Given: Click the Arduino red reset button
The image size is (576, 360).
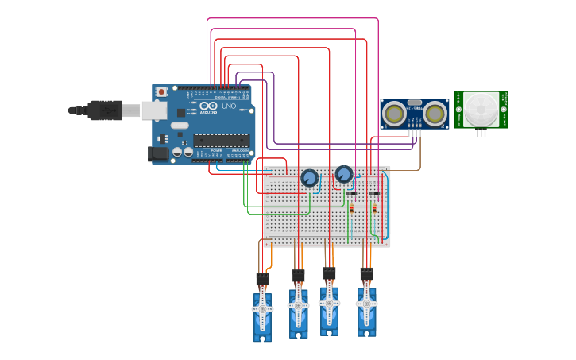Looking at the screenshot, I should pos(162,92).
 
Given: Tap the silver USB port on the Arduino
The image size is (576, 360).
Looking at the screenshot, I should pos(153,110).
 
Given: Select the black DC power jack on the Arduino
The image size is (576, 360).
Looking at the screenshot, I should pos(159,153).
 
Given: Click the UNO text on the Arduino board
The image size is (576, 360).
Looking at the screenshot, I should pos(228,106).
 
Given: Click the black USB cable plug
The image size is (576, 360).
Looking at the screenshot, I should pos(103,110).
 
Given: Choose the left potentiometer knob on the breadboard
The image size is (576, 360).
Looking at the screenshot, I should pos(309,178).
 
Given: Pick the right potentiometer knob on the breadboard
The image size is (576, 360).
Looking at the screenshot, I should pos(343,174).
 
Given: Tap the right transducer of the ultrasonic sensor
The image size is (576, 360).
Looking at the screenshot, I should pos(434,114).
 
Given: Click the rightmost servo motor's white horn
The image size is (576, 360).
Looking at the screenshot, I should pos(366,304).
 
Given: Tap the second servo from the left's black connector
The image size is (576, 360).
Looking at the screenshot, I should pos(298,276).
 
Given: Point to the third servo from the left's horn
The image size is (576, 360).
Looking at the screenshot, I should pos(329,304).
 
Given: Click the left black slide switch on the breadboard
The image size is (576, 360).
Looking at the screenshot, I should pos(351,192).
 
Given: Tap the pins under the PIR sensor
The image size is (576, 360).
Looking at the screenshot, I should pos(481,133).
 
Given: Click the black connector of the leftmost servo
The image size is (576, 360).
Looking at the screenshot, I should pos(262,280).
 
